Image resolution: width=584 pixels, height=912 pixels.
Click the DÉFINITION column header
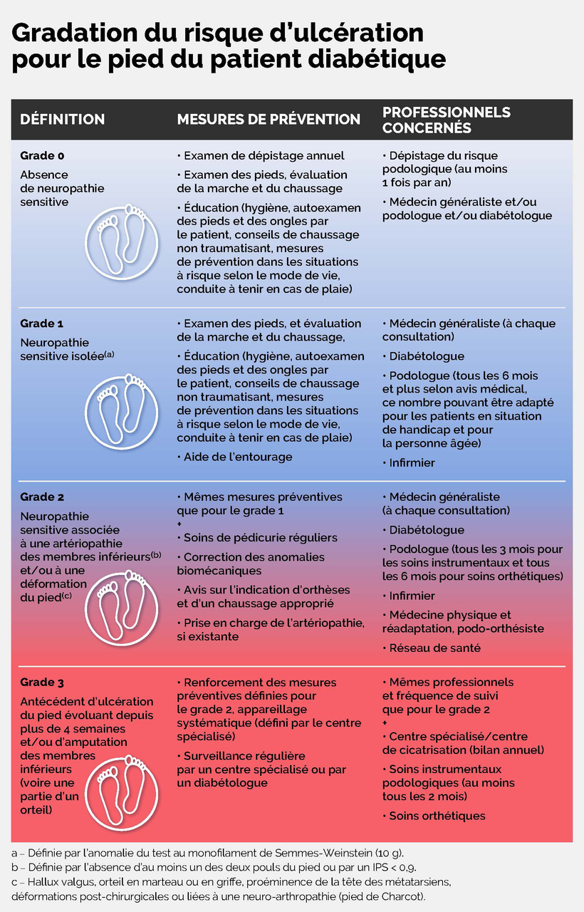62,120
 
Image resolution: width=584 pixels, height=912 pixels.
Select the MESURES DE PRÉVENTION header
268,120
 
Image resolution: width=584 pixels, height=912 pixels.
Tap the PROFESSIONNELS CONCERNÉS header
447,120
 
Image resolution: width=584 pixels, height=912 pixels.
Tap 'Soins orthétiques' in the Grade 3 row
437,816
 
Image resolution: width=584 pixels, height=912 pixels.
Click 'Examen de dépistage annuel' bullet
264,155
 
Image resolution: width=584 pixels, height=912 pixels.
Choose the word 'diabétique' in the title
372,58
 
